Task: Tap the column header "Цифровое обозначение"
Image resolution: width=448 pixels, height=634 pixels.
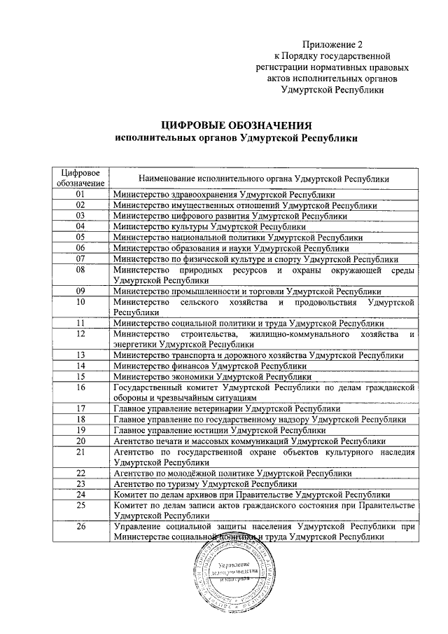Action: [80, 178]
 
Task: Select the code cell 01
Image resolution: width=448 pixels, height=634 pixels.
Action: [80, 194]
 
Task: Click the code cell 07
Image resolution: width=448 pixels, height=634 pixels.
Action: [80, 259]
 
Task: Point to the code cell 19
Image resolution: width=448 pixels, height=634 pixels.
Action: [80, 429]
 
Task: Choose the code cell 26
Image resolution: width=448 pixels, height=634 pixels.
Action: [80, 526]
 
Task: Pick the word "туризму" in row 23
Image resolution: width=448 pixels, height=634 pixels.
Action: [184, 483]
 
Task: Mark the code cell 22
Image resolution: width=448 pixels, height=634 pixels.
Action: [80, 473]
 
